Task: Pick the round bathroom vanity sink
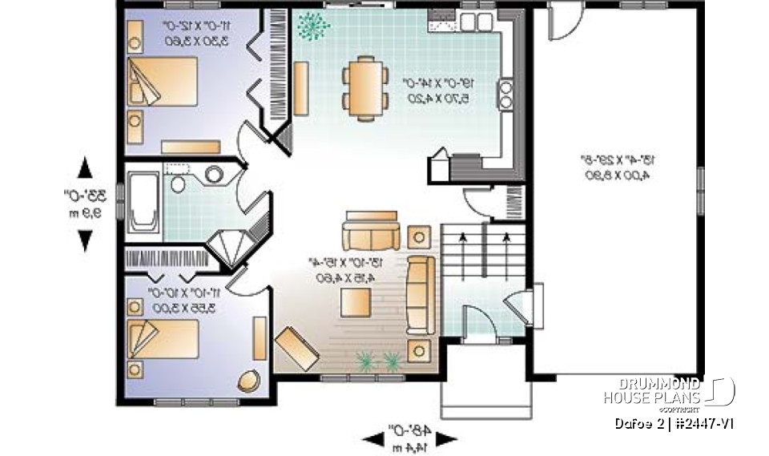point(214,174)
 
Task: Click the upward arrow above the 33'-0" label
point(85,168)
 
